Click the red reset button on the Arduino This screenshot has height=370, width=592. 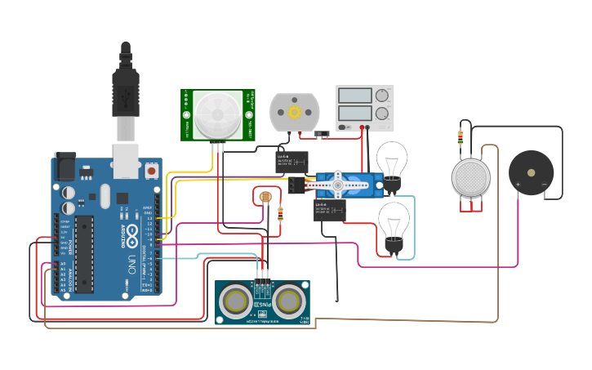152,172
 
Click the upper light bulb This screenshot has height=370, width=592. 392,160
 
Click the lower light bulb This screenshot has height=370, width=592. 394,221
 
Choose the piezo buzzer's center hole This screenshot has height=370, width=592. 532,172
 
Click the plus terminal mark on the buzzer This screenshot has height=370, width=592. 518,185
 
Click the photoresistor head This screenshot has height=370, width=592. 265,197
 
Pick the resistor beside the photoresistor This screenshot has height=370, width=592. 281,214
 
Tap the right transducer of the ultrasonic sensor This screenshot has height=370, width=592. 288,301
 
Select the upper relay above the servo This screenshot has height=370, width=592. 292,160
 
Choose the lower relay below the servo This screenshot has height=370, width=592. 329,211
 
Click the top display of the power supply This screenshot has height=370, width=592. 355,96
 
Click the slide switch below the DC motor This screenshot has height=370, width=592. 323,132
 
